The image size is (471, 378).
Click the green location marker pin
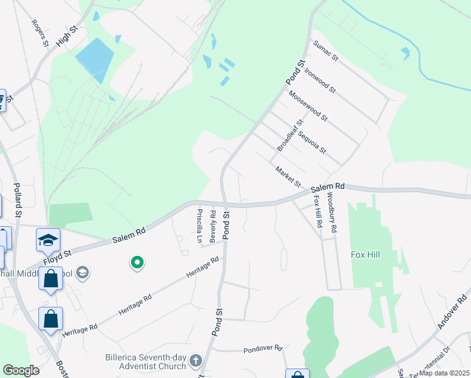click(x=136, y=263)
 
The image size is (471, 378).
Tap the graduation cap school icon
click(x=48, y=240)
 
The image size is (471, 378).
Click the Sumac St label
click(x=326, y=50)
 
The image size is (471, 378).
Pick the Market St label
click(x=288, y=176)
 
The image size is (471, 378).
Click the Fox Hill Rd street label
click(x=317, y=212)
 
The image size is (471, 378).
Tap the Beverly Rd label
click(x=214, y=225)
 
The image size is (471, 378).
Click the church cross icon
click(x=196, y=362)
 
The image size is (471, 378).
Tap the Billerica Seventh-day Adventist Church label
click(x=145, y=362)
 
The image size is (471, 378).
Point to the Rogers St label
click(x=40, y=33)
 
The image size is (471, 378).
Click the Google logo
click(x=21, y=370)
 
